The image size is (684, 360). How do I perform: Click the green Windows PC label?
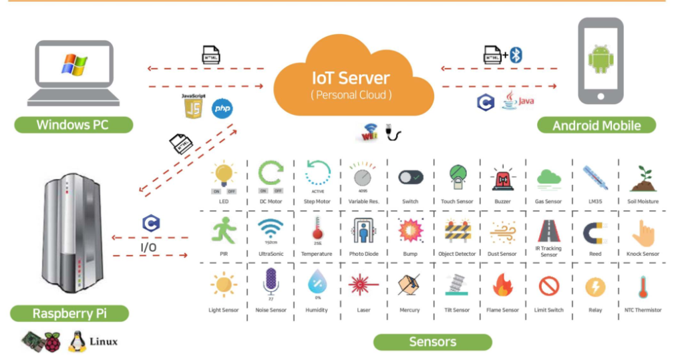[x=73, y=125]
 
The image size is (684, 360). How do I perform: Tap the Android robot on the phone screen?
[x=601, y=59]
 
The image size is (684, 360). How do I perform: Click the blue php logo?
[x=222, y=109]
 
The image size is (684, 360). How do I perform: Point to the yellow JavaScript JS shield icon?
[x=193, y=107]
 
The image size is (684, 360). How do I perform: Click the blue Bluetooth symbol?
[x=516, y=55]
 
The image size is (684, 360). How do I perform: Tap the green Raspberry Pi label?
[x=70, y=313]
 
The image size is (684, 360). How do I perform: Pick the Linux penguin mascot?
[x=77, y=341]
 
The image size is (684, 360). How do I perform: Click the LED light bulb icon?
[x=223, y=176]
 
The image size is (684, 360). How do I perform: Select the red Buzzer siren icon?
[x=502, y=179]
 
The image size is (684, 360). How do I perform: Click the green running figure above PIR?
[x=224, y=230]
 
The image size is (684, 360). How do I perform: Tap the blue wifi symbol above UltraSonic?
[x=271, y=228]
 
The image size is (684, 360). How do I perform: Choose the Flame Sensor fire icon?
[x=502, y=285]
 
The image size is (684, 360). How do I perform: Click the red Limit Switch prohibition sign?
[x=548, y=287]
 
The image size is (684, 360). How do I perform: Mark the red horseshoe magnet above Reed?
[x=594, y=232]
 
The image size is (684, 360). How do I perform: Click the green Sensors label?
[x=432, y=342]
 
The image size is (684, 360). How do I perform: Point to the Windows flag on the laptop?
[x=73, y=65]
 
